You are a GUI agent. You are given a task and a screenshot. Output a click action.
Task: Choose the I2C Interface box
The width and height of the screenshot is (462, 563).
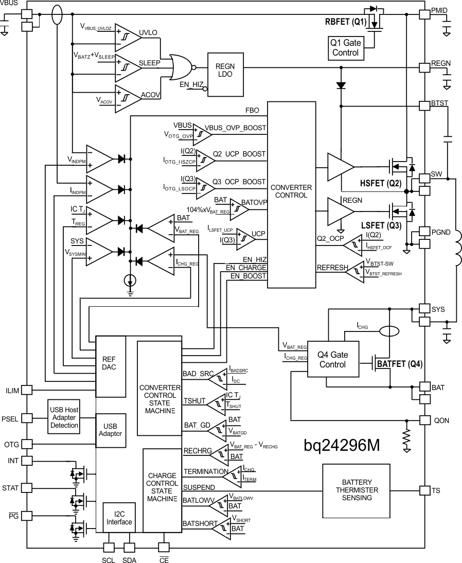119,517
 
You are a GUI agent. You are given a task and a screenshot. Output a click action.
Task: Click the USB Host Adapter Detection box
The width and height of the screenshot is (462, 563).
64,417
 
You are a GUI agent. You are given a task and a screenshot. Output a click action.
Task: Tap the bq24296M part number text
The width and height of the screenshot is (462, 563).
342,445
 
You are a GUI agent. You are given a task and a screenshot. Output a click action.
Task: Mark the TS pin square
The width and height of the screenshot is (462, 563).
424,490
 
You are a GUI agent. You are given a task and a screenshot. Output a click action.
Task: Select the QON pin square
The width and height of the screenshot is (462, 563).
424,420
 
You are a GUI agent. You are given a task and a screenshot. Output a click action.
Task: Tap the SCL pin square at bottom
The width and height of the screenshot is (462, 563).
109,548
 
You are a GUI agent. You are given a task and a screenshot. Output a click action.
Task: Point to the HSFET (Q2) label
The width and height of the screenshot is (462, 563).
380,184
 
